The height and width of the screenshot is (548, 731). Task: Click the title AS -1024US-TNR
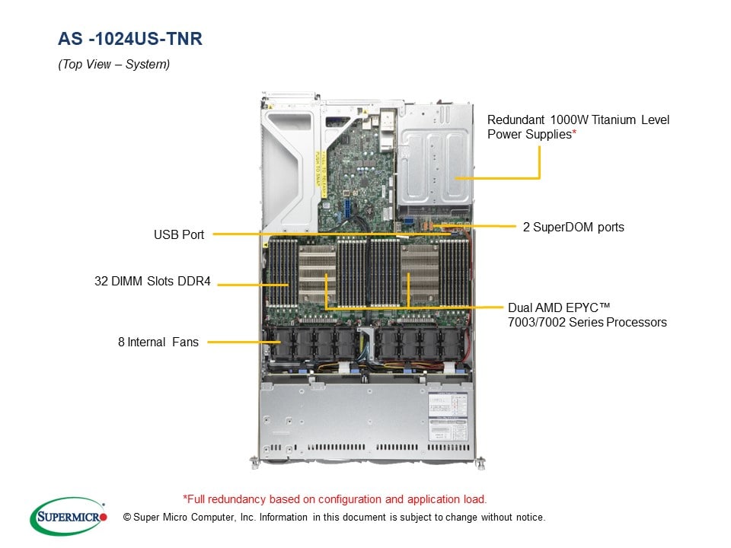(130, 39)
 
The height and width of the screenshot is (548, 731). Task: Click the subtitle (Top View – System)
(114, 65)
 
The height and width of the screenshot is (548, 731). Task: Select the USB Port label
(179, 234)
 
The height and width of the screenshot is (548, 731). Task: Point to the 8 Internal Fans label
(158, 342)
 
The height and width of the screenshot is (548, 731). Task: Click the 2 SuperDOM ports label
(573, 227)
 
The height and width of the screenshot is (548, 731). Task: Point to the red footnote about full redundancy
(334, 500)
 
